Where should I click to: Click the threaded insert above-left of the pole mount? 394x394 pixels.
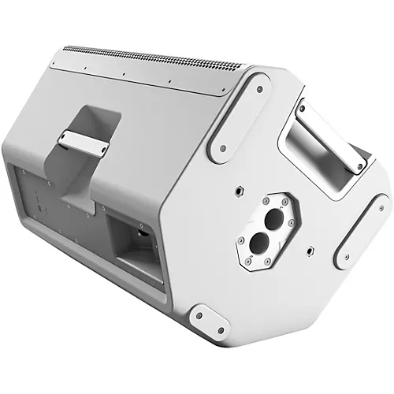point(236,190)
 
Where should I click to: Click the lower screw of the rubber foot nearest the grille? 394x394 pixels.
point(224,147)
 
